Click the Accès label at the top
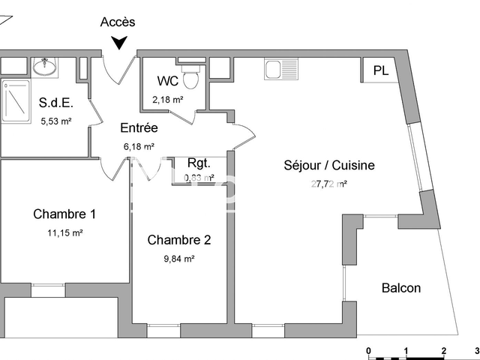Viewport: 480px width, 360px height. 118,22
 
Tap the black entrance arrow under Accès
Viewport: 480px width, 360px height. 118,44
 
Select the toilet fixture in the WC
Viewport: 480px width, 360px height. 193,75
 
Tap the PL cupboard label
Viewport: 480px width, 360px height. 381,71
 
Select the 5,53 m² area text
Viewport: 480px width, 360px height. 56,121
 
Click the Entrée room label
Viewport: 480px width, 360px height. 139,128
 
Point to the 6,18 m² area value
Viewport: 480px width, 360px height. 139,147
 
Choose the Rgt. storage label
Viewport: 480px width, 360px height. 199,163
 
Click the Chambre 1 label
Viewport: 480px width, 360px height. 64,214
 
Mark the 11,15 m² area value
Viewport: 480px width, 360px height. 64,233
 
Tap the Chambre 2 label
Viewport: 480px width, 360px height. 178,241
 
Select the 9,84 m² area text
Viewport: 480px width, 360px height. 178,259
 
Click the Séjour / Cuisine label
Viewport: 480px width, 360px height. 328,166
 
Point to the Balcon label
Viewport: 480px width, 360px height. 401,288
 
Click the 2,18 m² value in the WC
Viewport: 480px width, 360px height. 168,99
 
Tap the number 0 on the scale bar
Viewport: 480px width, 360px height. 368,351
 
